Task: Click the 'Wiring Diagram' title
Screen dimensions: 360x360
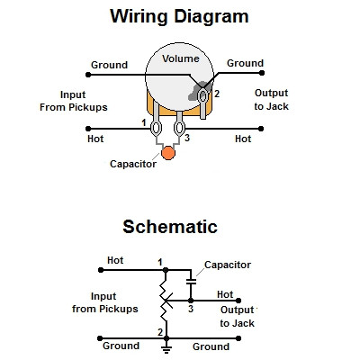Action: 179,16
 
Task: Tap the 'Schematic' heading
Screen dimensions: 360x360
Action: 170,227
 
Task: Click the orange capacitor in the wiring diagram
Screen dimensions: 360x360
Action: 168,153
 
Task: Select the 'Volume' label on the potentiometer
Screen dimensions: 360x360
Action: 181,58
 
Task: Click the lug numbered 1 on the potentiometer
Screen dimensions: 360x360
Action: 156,128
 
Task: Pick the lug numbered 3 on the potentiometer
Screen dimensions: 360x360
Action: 179,128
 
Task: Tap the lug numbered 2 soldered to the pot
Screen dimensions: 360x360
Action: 202,96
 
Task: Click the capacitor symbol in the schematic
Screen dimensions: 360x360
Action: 191,282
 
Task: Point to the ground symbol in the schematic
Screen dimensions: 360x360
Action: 166,348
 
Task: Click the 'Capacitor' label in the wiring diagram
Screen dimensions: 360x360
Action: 133,164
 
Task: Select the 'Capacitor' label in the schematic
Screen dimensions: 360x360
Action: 228,265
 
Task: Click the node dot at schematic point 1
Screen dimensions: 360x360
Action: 166,270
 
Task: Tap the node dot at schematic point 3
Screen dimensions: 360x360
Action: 191,301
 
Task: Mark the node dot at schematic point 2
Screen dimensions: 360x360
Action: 166,338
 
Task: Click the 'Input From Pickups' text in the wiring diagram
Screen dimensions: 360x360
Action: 74,101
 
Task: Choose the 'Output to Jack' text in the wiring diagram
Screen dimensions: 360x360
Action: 272,100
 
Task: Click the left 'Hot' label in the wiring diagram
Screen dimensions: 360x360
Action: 95,139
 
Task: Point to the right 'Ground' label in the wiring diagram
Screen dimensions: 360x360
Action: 245,63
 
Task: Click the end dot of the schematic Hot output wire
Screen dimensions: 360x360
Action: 238,301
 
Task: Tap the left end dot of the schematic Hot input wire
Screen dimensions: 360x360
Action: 101,270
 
